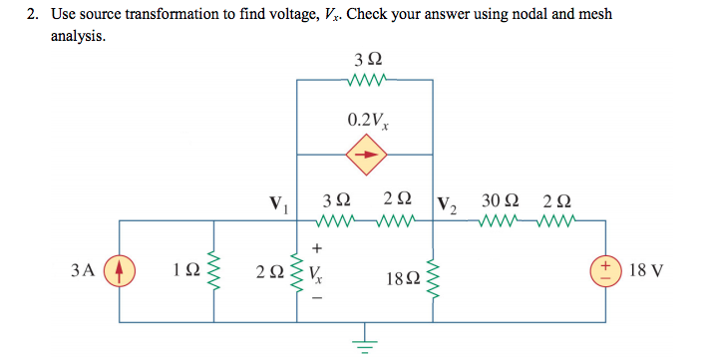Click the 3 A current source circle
tap(120, 270)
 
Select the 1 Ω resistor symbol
tap(211, 270)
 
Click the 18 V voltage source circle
tap(606, 270)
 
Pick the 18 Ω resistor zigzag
tap(433, 270)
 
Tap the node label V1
tap(278, 206)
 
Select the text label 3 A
tap(84, 270)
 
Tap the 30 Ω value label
tap(499, 200)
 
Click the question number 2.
tap(33, 14)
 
